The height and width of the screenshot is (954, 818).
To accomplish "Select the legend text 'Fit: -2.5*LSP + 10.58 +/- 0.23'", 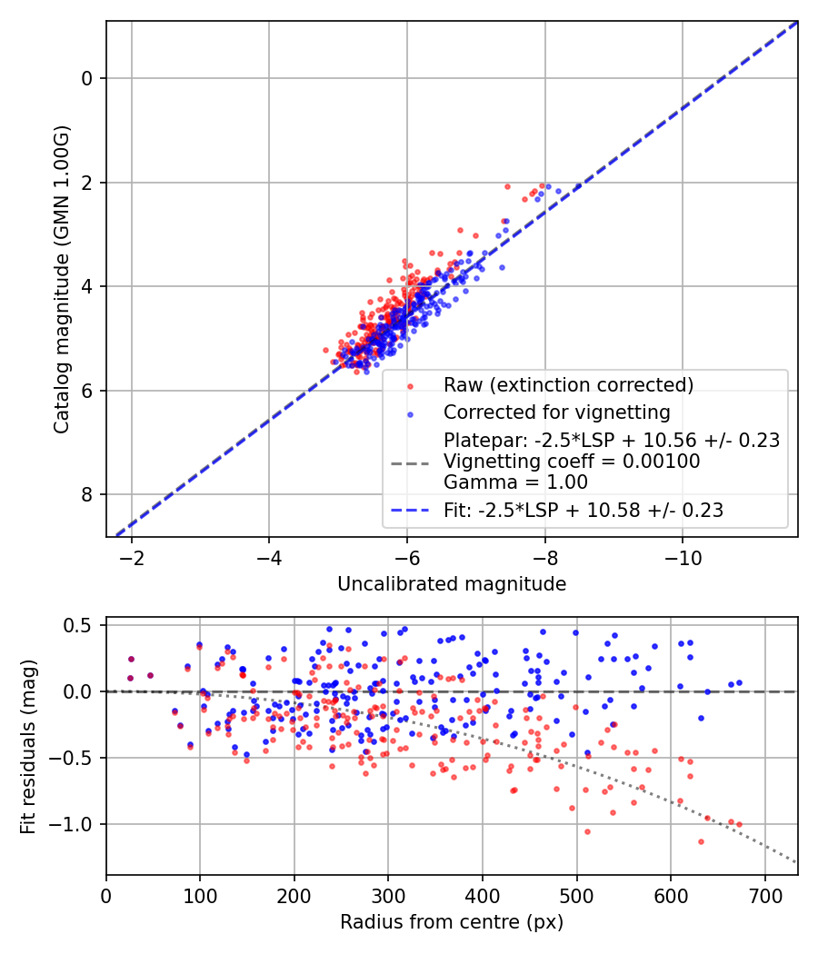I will (x=583, y=511).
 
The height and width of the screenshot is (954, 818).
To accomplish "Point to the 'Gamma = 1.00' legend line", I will (x=515, y=482).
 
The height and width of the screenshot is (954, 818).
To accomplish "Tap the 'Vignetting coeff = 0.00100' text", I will (x=572, y=462).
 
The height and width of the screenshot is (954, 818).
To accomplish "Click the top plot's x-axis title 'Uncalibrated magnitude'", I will (x=452, y=584).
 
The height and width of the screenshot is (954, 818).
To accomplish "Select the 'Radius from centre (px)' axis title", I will (x=452, y=922).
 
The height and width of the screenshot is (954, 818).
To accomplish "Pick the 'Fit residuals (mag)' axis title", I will (x=27, y=746).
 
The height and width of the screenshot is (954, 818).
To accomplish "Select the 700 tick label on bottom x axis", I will (x=764, y=894).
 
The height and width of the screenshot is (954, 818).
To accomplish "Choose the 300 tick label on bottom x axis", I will (x=388, y=894).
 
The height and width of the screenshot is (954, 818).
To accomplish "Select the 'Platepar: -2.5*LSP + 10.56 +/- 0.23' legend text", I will (x=612, y=441).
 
